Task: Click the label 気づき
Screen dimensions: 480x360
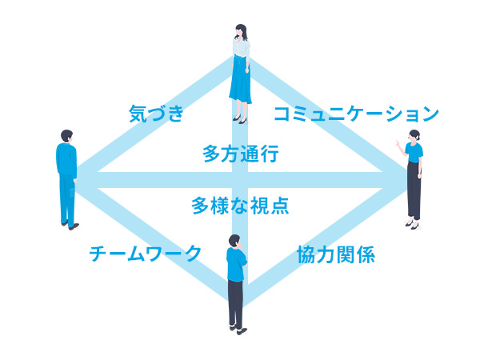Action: tap(156, 114)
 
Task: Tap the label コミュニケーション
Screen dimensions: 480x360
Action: tap(356, 114)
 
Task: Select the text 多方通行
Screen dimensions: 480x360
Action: tap(241, 154)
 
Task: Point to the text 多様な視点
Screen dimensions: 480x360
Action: tap(240, 206)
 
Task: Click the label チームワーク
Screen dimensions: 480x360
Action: tap(145, 254)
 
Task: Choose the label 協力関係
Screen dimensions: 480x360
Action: tap(336, 254)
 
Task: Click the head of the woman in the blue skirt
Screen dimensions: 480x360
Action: tap(241, 31)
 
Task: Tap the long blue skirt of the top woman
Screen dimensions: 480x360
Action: tap(240, 79)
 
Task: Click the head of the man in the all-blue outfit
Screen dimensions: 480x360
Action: tap(66, 136)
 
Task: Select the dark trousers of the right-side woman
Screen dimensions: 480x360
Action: tap(414, 190)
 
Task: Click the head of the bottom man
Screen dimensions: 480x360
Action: tap(234, 242)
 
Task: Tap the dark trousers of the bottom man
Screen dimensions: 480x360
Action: tap(235, 304)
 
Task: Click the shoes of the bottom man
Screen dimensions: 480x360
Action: tap(238, 330)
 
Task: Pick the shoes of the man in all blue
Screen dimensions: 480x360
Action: tap(70, 225)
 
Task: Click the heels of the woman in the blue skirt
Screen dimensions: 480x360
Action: tap(240, 119)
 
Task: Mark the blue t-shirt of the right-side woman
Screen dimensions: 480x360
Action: tap(414, 152)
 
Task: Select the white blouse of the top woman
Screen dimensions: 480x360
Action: tap(242, 48)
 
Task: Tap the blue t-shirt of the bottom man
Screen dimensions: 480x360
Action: tap(236, 265)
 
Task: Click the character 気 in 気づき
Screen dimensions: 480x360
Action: tap(138, 114)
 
